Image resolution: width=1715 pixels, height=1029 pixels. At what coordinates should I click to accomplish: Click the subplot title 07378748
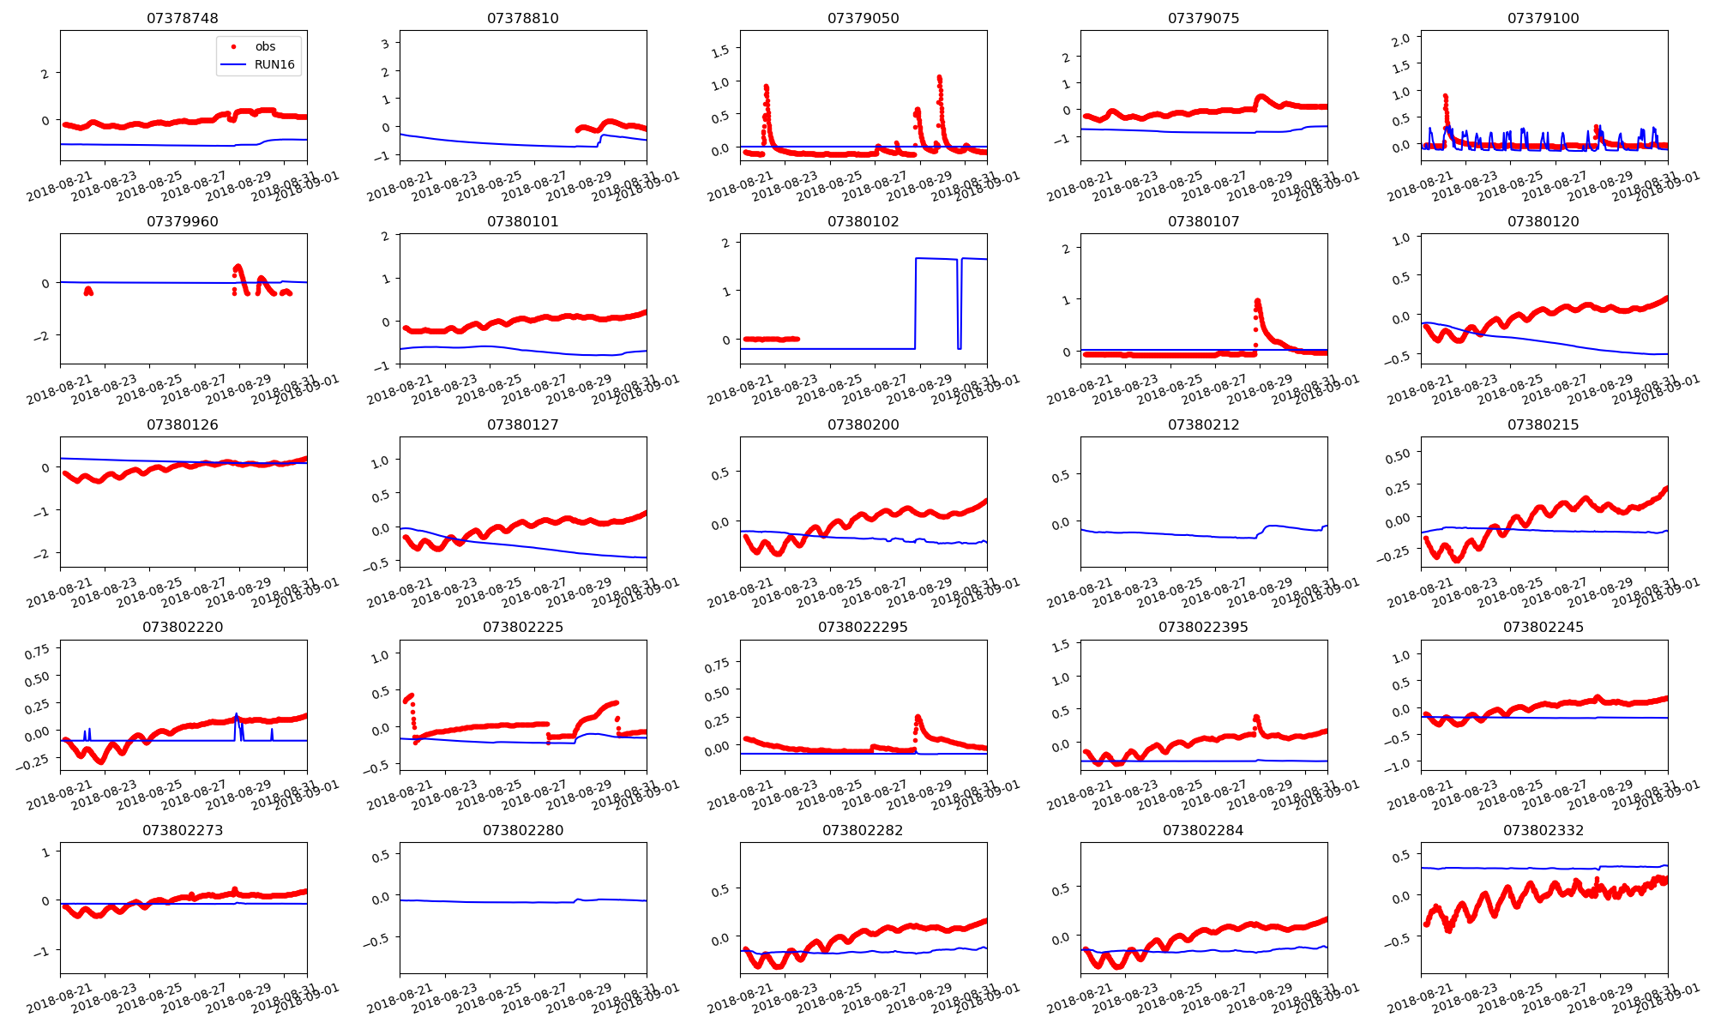pos(183,18)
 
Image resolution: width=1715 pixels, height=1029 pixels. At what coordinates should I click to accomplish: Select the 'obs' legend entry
pos(265,46)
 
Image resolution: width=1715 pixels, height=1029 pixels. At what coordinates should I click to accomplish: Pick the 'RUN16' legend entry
pos(274,64)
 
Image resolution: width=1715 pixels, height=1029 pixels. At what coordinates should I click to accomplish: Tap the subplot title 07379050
pos(863,18)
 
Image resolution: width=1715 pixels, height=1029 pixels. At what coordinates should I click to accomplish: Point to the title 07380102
pos(863,221)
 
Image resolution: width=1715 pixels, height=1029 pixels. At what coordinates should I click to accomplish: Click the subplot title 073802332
pos(1543,830)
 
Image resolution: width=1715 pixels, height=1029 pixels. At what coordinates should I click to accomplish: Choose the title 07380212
pos(1203,424)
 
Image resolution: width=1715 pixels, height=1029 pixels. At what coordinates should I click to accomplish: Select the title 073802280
pos(523,830)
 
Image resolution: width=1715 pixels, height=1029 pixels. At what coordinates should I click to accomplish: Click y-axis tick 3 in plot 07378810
pos(386,44)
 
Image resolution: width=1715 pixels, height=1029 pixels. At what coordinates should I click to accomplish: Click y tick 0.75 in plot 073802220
pos(37,653)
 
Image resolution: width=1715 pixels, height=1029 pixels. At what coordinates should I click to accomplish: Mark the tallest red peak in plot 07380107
pos(1257,301)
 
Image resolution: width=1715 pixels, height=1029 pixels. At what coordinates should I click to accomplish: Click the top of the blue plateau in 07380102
pos(935,258)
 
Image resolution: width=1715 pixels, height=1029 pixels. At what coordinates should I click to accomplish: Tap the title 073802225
pos(523,627)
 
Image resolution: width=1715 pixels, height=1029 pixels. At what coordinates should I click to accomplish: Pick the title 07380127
pos(523,424)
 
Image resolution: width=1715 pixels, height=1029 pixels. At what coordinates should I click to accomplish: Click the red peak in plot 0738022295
pos(918,716)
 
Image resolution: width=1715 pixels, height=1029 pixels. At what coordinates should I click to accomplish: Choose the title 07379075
pos(1203,18)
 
